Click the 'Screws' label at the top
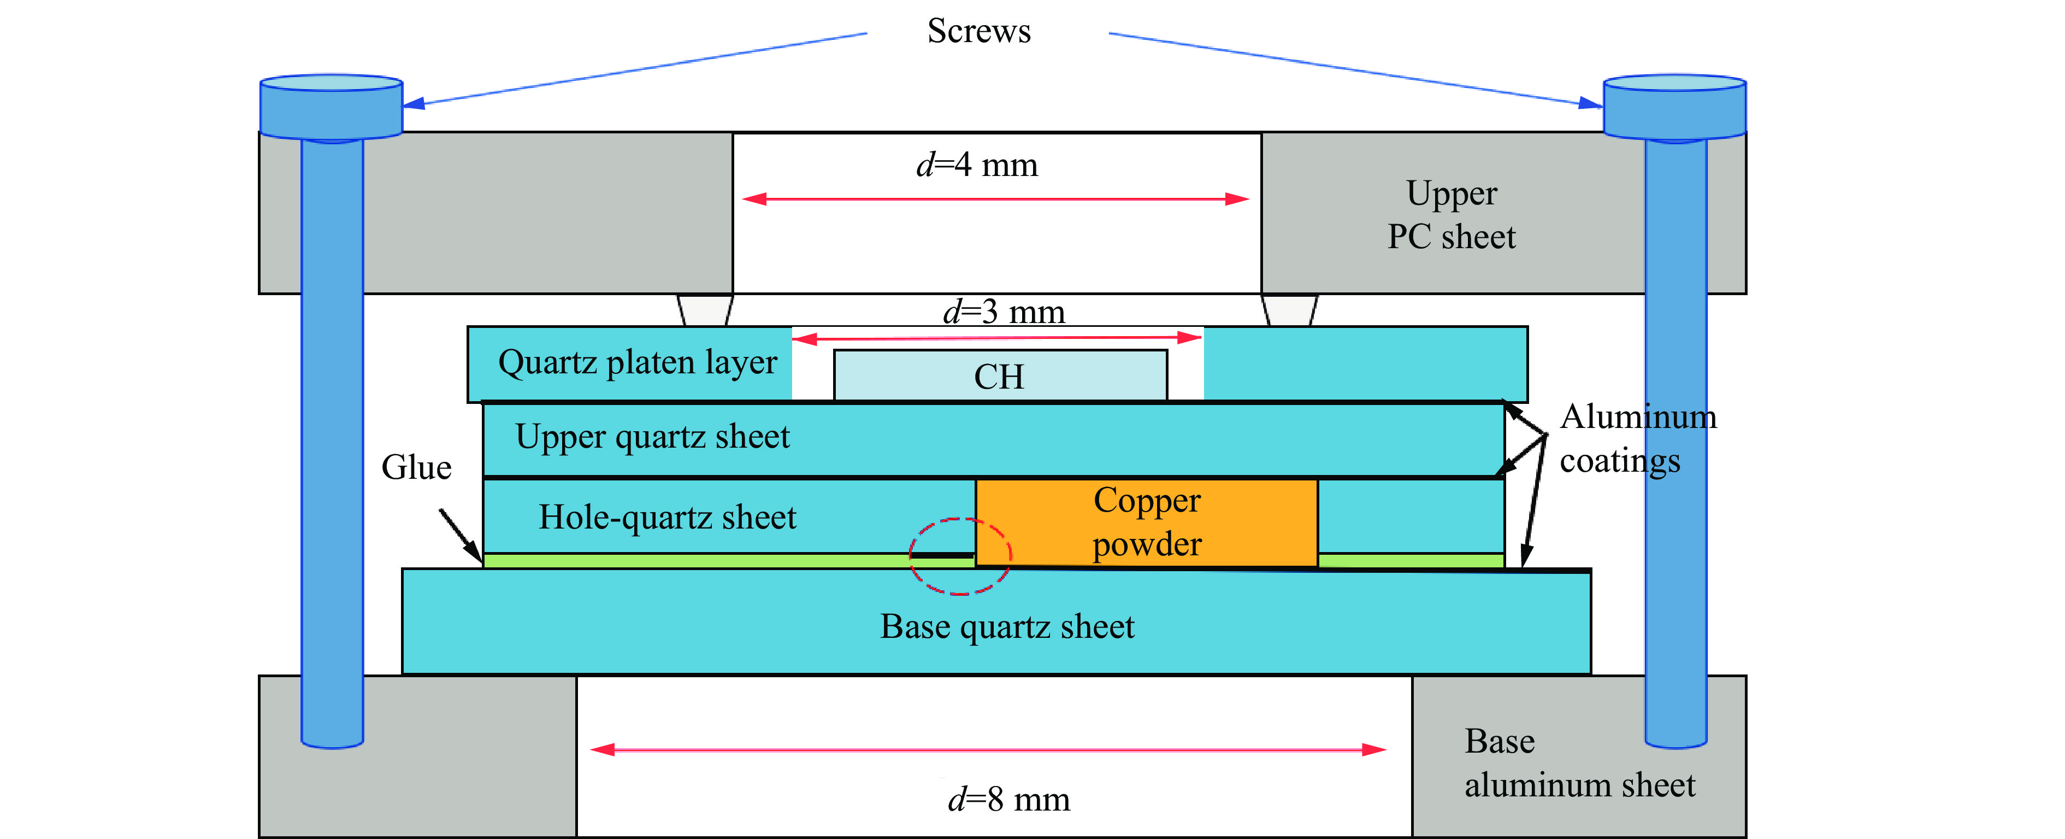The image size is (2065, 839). (x=979, y=31)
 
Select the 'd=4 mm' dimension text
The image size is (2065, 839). (x=977, y=165)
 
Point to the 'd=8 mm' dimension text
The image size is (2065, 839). (x=1009, y=799)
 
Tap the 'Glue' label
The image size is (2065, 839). (x=416, y=467)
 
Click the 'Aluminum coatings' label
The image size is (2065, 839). (x=1638, y=439)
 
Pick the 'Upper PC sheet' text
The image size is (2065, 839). (x=1452, y=215)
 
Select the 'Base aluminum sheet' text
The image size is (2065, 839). (x=1580, y=763)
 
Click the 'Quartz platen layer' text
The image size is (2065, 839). (x=638, y=362)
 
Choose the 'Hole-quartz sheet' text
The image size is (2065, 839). (x=667, y=517)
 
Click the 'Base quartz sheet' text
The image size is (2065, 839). (x=1007, y=626)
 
